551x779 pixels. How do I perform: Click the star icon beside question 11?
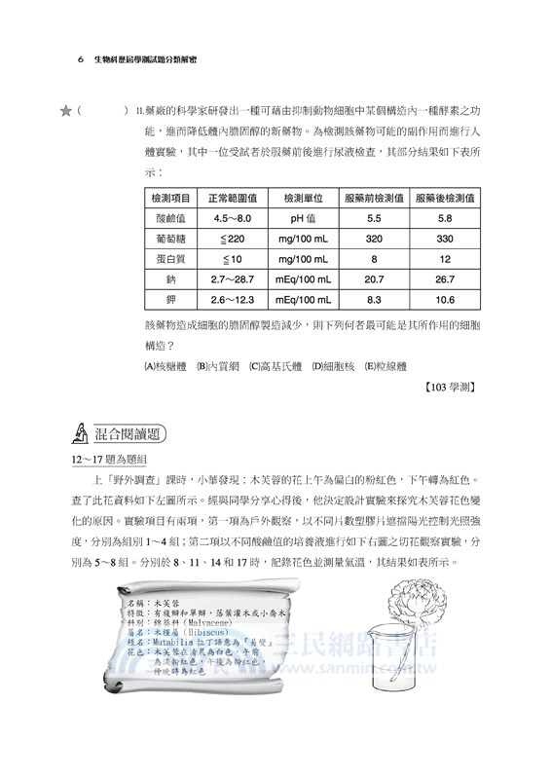[x=65, y=112]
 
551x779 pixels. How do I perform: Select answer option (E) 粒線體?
[x=390, y=366]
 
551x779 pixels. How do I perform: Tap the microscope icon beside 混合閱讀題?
[x=82, y=433]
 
